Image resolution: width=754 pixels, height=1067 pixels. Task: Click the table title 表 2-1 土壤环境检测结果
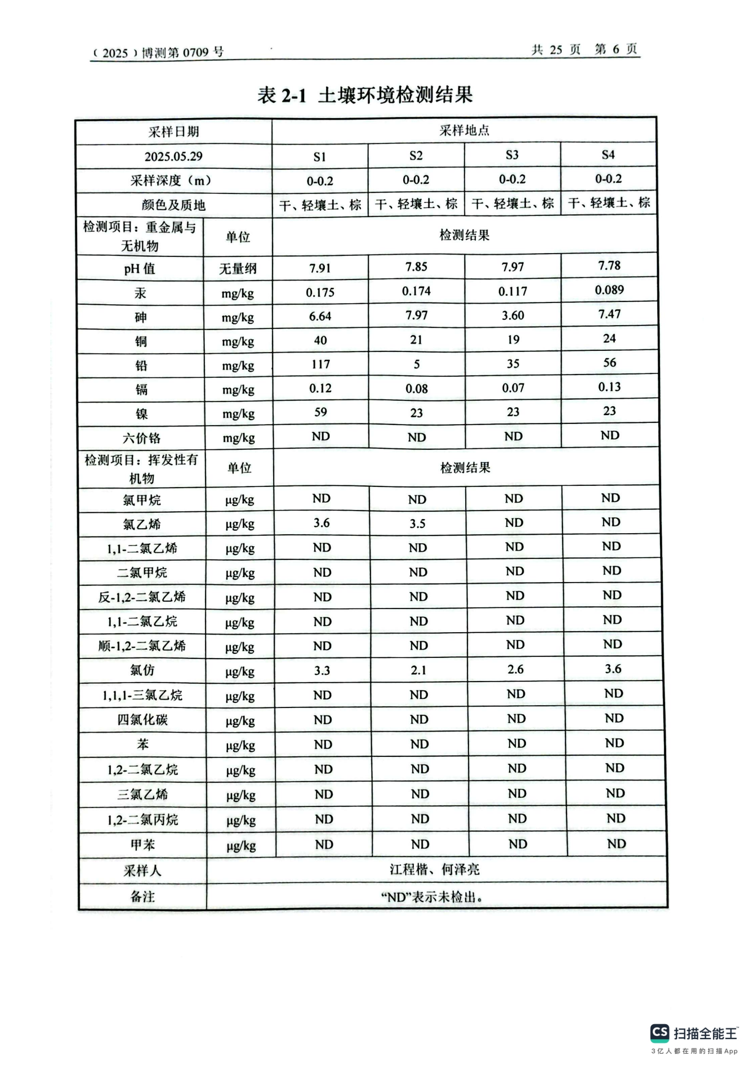coord(365,95)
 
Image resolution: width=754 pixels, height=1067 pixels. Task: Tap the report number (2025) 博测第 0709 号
coord(158,52)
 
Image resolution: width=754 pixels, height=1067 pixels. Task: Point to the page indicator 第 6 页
coord(615,49)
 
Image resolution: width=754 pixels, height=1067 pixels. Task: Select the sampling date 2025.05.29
coord(173,156)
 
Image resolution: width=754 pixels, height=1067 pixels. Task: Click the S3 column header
coord(512,155)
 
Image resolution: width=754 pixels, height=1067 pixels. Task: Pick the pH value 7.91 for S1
coord(320,268)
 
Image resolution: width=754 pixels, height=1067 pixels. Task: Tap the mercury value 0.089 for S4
coord(609,290)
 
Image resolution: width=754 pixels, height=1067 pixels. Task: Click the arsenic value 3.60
coord(512,316)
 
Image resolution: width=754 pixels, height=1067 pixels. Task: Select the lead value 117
coord(321,364)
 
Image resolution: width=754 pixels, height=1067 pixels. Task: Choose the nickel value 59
coord(321,412)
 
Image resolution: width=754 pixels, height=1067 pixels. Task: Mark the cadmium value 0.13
coord(609,387)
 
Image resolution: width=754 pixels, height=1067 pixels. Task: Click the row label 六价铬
coord(141,438)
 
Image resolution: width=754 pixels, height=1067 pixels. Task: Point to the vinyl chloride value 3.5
coord(417,524)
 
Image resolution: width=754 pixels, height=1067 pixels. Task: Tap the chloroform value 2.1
coord(418,670)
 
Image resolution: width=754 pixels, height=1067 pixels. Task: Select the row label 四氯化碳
coord(142,720)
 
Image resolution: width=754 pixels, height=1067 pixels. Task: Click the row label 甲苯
coord(142,844)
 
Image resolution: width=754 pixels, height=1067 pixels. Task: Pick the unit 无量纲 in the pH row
coord(237,269)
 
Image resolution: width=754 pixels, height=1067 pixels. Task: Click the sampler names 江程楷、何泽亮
coord(434,869)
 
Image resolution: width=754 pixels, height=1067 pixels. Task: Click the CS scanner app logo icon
coord(660,1033)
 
